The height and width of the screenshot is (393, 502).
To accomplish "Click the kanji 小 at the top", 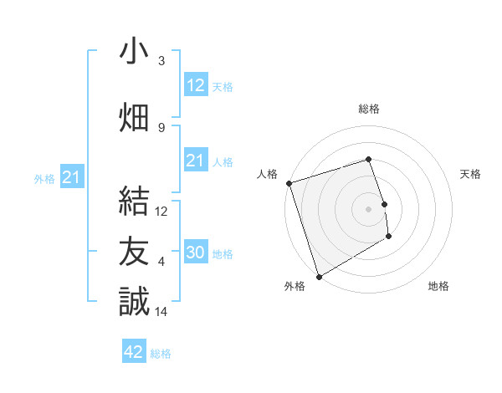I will coord(134,51).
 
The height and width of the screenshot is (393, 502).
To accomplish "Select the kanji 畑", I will coord(134,116).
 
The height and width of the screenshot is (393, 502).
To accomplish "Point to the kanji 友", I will coord(134,250).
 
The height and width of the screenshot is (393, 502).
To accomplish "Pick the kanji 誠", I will coord(134,300).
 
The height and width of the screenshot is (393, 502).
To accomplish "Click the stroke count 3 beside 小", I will coord(161,61).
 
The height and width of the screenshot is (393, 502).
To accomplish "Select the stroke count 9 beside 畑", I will coord(161,127).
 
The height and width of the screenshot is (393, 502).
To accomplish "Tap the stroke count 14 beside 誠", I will coord(161,311).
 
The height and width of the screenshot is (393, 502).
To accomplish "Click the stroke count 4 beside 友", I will coord(161,262).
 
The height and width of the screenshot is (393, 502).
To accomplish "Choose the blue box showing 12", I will coord(196,85).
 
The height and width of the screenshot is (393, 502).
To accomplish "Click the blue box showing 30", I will coord(196,253).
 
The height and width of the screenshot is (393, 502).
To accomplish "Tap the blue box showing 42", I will coord(134,352).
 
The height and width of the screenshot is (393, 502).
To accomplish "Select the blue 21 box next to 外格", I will coord(72,177).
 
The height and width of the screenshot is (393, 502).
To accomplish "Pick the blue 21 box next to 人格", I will coord(196,161).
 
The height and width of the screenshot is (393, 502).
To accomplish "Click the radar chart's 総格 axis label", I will coord(368,109).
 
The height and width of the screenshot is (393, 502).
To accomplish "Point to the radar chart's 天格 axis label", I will coord(470,174).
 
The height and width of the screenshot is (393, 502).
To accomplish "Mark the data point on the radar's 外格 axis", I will coord(318,276).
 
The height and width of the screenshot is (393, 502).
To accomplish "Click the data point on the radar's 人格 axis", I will coord(289,182).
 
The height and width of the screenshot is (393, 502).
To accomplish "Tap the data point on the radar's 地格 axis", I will coord(389,237).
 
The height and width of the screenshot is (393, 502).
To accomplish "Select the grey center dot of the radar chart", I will coord(368,208).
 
